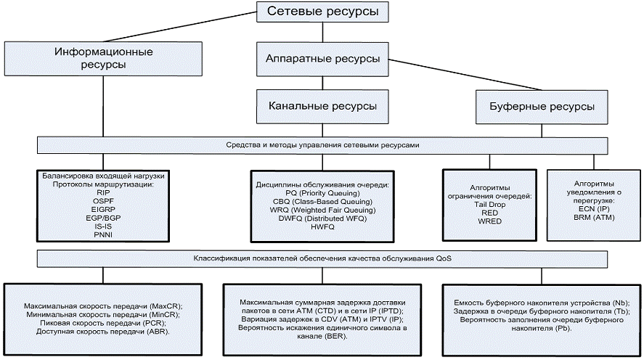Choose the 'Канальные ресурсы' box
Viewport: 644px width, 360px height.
click(322, 106)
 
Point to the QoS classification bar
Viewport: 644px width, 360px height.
click(322, 258)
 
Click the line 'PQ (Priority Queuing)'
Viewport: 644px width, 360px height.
click(322, 193)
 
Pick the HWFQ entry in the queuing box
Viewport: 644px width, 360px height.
click(322, 226)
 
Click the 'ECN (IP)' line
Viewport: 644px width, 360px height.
click(589, 208)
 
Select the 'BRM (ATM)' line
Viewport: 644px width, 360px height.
click(589, 217)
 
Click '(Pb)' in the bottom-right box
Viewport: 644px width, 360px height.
click(561, 328)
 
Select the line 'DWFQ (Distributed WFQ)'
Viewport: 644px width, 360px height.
click(322, 218)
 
